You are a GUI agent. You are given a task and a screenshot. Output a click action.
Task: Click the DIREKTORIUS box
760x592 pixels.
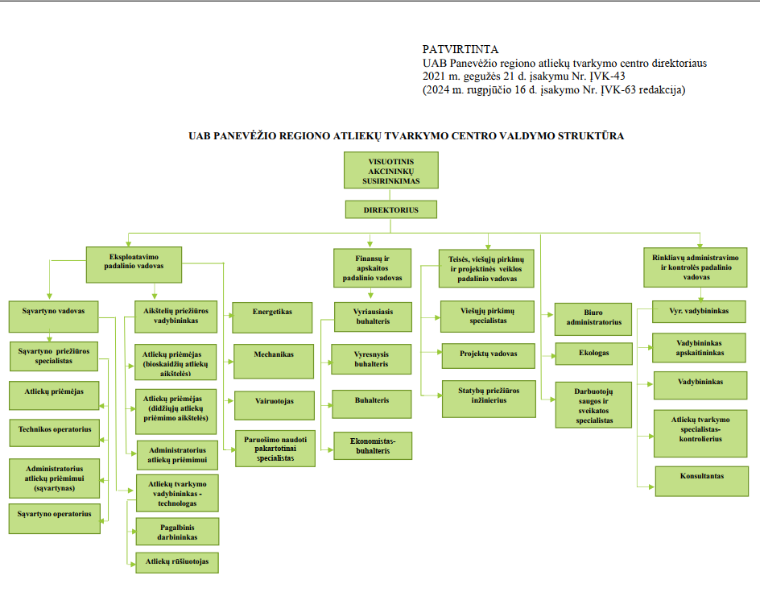[x=391, y=209]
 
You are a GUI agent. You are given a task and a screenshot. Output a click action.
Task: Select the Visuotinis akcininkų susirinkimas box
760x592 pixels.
[x=391, y=170]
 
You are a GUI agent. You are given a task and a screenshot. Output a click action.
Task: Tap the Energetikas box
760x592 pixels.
[x=272, y=317]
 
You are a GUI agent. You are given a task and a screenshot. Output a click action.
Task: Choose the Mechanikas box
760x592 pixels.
[x=274, y=361]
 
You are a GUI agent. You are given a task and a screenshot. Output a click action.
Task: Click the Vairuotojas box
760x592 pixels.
[x=275, y=405]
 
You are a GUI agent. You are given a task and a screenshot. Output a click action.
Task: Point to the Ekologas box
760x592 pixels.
[x=594, y=354]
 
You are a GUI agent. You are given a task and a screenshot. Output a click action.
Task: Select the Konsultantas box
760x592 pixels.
[x=702, y=481]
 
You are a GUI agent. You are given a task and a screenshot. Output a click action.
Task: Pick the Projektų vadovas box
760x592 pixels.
[x=489, y=356]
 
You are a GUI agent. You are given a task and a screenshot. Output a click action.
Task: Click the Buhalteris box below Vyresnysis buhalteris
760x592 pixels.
[x=372, y=404]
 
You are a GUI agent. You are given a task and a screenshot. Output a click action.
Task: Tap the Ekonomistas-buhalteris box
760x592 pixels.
[x=373, y=445]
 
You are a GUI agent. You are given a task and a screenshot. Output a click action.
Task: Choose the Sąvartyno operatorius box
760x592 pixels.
[x=54, y=519]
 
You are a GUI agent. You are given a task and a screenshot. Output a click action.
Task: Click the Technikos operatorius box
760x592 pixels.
[x=55, y=433]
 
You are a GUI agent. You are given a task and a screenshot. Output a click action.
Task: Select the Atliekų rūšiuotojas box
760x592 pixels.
[x=177, y=562]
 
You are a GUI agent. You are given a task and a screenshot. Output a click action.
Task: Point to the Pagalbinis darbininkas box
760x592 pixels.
[x=177, y=532]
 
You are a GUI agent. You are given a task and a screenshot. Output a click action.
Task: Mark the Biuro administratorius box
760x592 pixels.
[x=593, y=319]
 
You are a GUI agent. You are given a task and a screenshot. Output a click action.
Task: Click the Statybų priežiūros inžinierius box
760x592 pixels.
[x=489, y=399]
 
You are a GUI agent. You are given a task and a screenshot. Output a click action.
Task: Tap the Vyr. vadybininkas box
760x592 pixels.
[x=699, y=312]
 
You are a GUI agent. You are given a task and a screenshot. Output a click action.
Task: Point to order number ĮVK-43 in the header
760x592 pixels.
[x=607, y=77]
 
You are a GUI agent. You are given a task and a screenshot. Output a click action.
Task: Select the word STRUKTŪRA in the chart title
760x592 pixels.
[x=590, y=136]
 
